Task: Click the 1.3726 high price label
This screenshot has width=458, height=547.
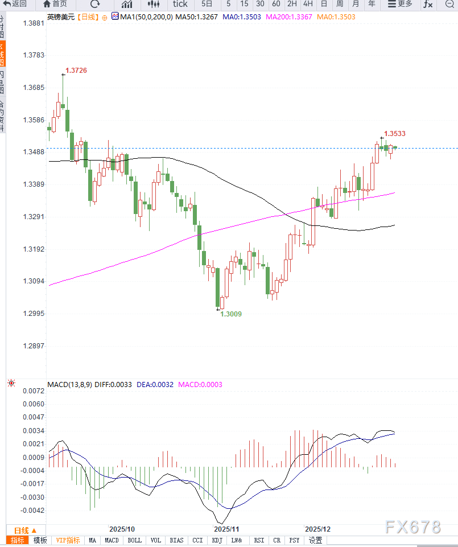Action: (x=76, y=70)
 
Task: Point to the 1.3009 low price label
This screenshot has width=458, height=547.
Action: (x=231, y=314)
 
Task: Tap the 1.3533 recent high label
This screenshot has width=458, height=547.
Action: (x=395, y=133)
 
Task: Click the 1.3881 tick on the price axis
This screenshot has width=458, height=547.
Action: (x=32, y=23)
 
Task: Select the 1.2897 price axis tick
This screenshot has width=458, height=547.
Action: (x=32, y=346)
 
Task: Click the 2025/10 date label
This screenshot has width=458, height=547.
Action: (x=122, y=528)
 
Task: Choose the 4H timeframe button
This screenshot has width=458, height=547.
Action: (x=308, y=4)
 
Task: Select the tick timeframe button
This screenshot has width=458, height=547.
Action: (x=180, y=4)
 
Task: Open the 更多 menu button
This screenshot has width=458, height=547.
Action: (x=400, y=4)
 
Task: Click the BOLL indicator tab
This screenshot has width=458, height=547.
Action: (x=135, y=540)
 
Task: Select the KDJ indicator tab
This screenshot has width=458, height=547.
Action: (x=217, y=540)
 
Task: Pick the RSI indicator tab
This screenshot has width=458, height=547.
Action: (x=259, y=540)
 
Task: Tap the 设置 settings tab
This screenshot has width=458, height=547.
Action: (x=315, y=540)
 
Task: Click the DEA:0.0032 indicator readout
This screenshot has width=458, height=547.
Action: (x=155, y=384)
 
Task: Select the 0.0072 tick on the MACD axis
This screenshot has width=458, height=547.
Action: (x=32, y=391)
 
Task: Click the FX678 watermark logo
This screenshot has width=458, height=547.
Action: (x=413, y=527)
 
